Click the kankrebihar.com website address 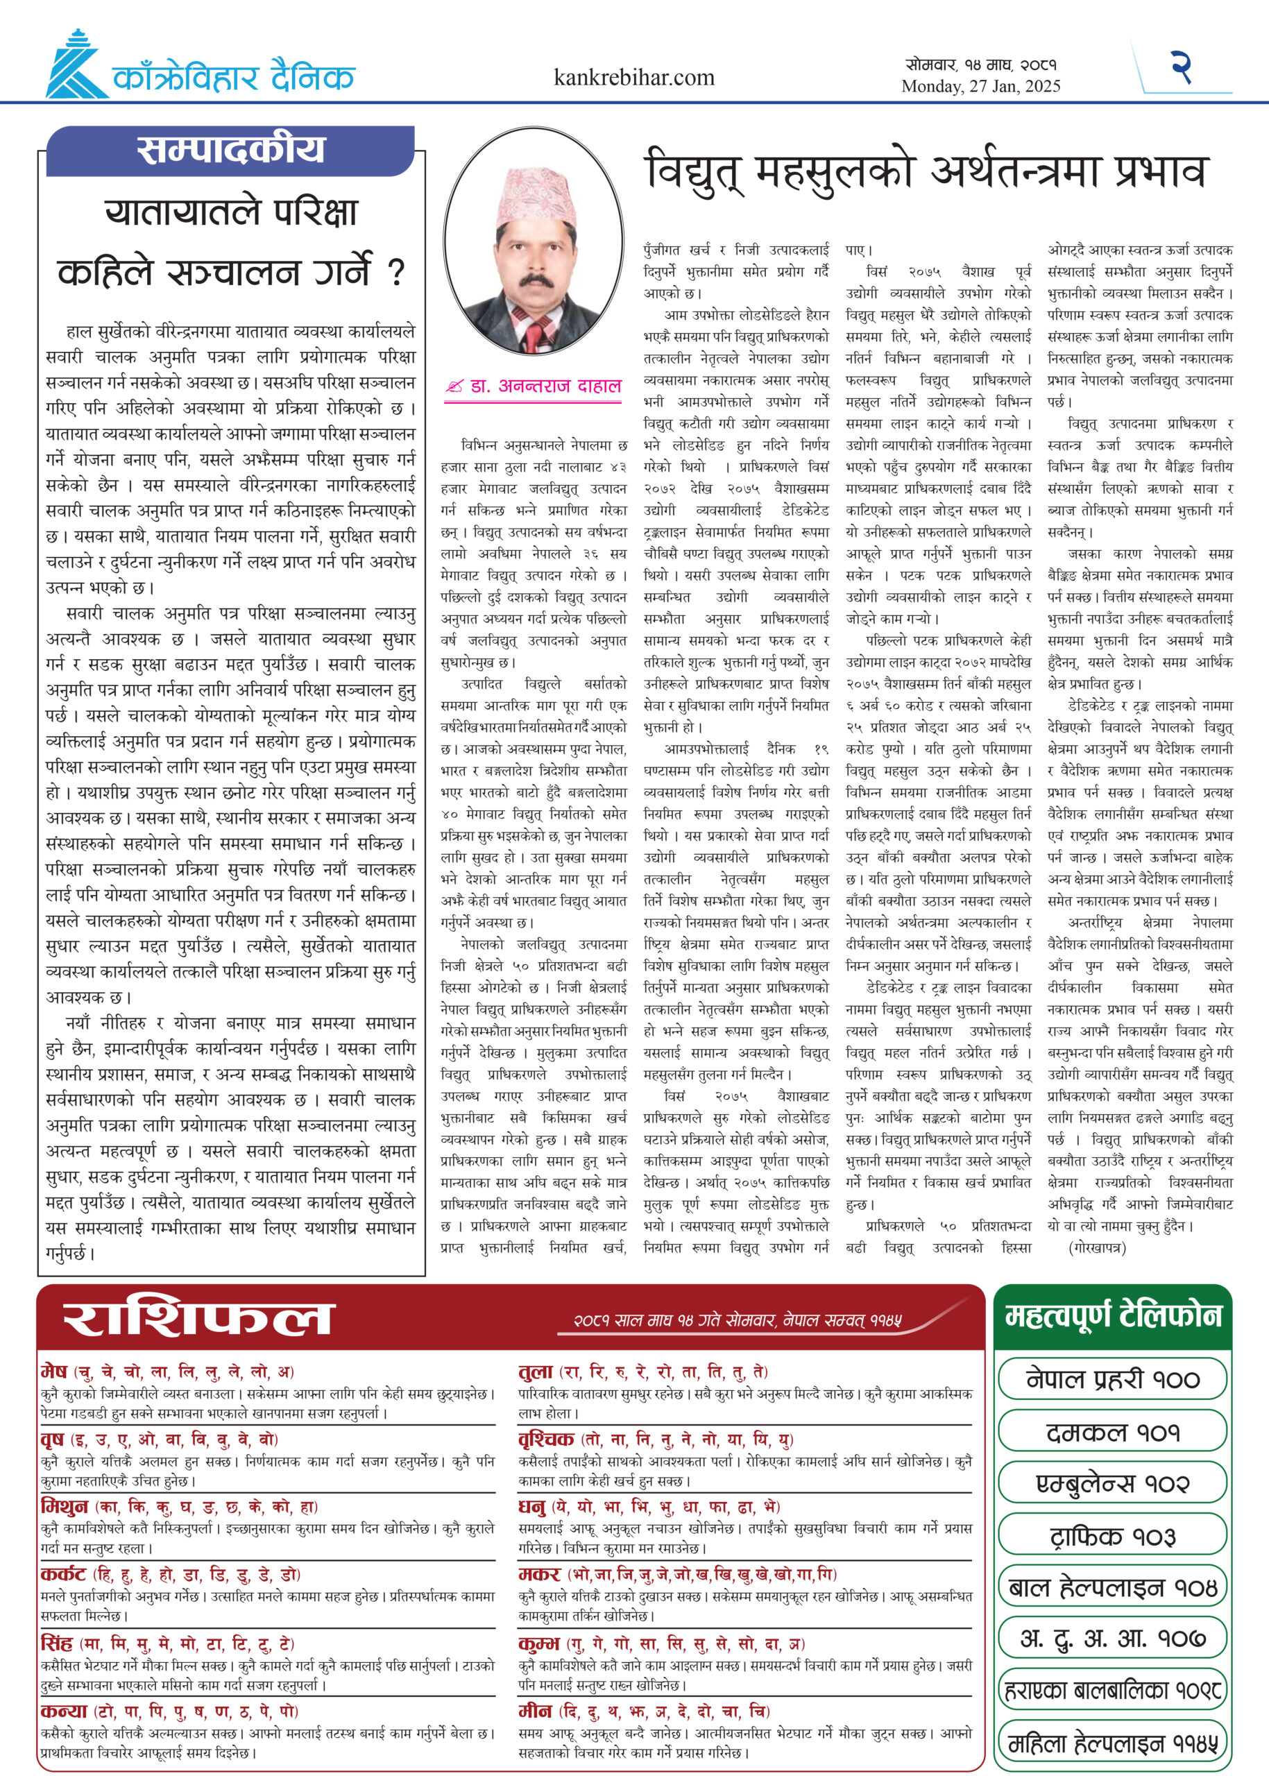[x=633, y=78]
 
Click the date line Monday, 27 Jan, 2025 [x=980, y=87]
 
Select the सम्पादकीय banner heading [x=230, y=149]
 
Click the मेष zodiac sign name [x=54, y=1372]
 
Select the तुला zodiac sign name [x=535, y=1372]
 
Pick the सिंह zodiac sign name [x=56, y=1643]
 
